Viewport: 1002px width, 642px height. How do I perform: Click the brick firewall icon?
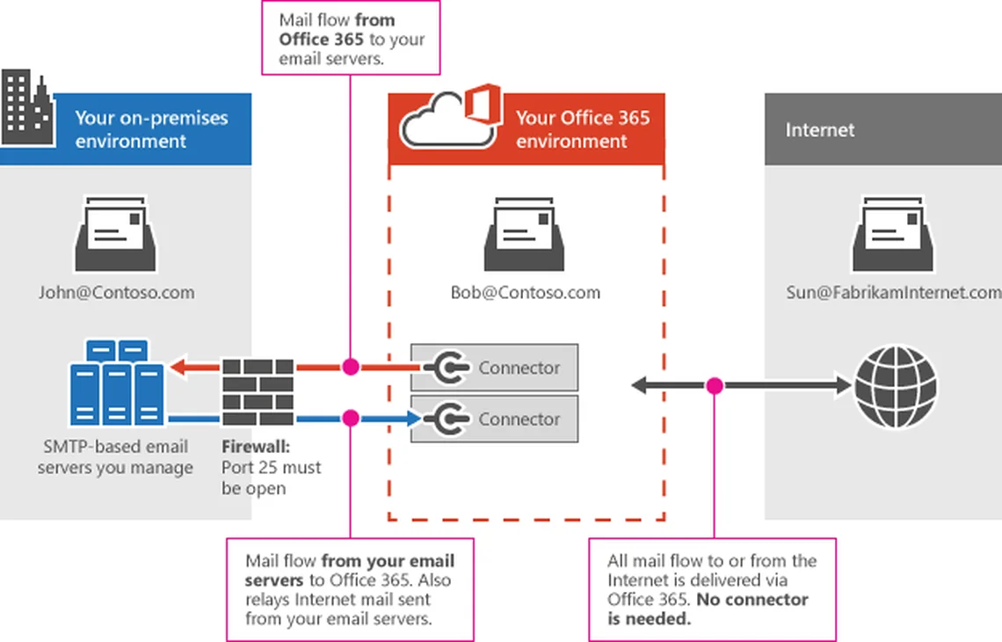258,392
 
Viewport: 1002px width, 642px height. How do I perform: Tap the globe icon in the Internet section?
896,386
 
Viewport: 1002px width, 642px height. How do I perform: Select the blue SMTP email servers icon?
117,383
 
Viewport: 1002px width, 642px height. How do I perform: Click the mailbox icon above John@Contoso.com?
116,234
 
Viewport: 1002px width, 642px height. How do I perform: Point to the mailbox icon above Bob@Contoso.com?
525,234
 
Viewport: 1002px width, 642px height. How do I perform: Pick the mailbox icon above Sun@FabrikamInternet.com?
893,234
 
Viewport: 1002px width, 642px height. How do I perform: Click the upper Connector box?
494,368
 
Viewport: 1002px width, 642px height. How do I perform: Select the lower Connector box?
494,419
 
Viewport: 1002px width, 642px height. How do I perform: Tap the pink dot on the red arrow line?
351,367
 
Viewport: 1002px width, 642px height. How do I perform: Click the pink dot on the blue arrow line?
351,419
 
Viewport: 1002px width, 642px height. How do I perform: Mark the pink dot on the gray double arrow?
715,385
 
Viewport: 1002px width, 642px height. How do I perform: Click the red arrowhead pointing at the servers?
178,367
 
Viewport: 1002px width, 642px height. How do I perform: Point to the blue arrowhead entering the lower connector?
413,419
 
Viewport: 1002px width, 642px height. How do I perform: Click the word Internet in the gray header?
820,130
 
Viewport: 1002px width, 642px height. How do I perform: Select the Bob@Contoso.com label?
526,292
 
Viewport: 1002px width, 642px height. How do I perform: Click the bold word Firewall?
256,447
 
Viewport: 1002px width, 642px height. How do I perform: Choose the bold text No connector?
752,599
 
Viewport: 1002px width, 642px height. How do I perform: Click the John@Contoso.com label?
116,292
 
